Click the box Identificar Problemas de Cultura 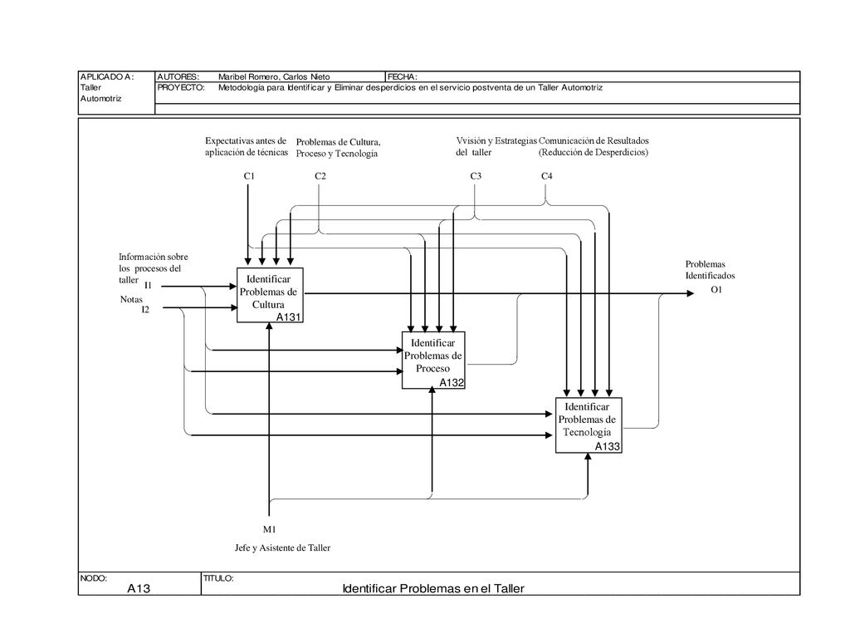(x=270, y=295)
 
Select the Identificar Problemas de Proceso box (x=433, y=361)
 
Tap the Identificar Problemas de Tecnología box (x=589, y=425)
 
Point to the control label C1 (x=249, y=176)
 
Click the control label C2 (x=320, y=176)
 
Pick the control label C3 (x=476, y=176)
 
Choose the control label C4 (x=546, y=176)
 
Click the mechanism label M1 (x=270, y=529)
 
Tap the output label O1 (x=716, y=290)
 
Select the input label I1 (x=148, y=286)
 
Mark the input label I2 (x=145, y=310)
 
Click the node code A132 (x=452, y=382)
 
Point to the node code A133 (x=607, y=446)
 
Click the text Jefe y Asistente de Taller (x=282, y=548)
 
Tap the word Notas (x=131, y=299)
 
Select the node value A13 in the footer (x=139, y=588)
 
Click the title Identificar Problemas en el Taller (x=433, y=589)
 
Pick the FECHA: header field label (x=403, y=77)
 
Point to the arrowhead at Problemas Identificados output (x=690, y=293)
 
